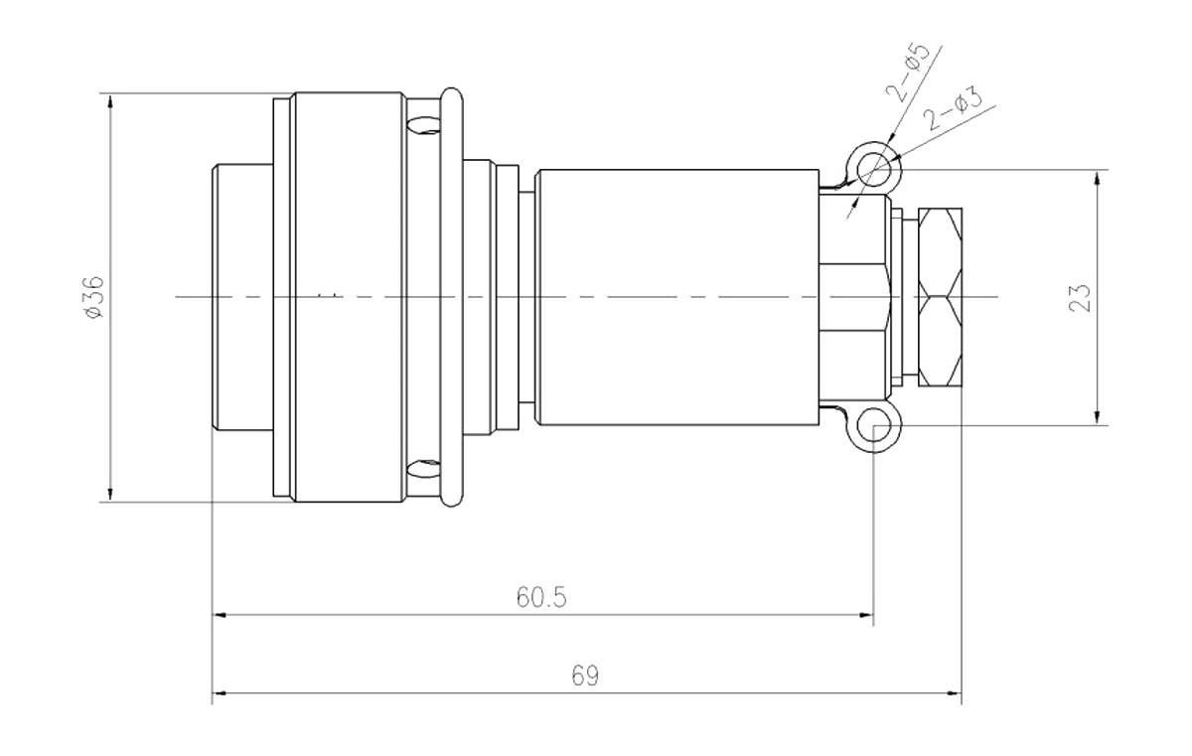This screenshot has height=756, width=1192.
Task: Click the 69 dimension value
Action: (587, 676)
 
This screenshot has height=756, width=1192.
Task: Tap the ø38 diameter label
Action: (95, 296)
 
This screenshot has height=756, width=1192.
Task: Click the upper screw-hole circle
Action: (875, 168)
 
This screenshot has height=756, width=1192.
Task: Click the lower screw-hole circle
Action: (875, 428)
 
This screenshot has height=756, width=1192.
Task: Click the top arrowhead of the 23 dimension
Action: (1097, 178)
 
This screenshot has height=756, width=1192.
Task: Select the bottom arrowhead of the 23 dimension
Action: (1097, 417)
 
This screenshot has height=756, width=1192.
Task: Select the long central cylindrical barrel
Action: (675, 296)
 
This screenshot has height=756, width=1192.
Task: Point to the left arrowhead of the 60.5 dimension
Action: (221, 617)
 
